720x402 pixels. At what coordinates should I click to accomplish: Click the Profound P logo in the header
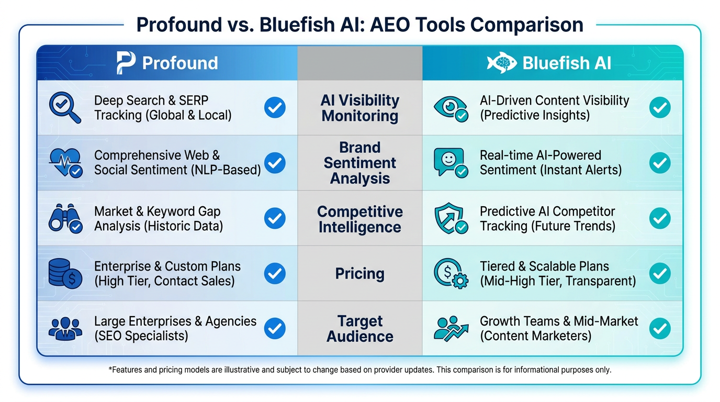point(126,63)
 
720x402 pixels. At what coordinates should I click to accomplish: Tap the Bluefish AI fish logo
point(501,63)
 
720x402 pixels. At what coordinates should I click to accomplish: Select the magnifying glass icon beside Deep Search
point(65,108)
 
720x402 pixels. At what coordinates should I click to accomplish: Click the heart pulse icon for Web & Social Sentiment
point(65,163)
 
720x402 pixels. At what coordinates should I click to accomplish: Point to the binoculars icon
point(65,218)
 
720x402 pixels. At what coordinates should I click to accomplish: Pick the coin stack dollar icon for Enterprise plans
point(65,274)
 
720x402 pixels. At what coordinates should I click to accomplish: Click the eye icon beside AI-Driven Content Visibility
point(451,109)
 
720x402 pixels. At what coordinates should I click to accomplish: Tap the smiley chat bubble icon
point(451,163)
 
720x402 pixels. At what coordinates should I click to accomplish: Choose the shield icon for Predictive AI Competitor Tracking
point(451,218)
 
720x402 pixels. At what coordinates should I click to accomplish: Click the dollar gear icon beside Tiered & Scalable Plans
point(451,274)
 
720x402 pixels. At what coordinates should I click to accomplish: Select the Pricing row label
point(359,274)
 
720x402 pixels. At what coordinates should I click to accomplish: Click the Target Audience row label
point(359,329)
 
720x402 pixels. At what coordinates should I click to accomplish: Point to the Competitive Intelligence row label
point(359,219)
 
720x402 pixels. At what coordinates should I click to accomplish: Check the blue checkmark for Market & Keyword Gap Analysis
point(275,218)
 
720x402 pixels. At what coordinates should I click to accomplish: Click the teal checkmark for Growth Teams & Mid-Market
point(660,328)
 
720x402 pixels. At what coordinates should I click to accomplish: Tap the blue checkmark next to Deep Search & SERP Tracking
point(275,107)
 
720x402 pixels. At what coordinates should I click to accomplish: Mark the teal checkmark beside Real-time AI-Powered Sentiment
point(660,163)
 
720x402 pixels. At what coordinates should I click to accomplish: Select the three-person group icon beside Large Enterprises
point(65,329)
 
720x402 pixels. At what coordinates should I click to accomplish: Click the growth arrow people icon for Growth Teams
point(451,329)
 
